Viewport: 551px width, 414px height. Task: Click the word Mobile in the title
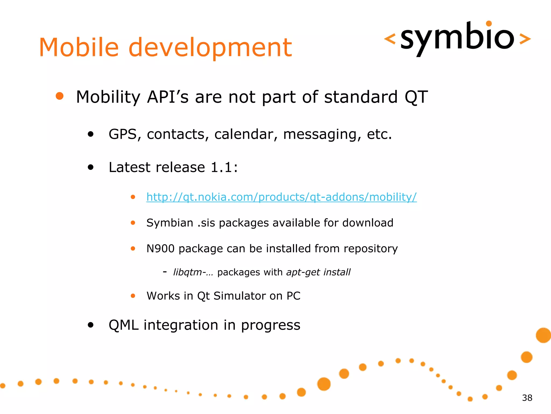point(79,47)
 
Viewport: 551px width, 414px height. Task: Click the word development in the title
point(210,48)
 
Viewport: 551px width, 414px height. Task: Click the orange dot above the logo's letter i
point(489,23)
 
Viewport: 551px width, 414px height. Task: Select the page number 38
point(527,398)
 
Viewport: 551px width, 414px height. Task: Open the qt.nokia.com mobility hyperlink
point(281,197)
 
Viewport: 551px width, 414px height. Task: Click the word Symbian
point(170,223)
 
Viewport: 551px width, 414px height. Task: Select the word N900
point(160,249)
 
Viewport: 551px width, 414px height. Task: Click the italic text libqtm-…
point(193,272)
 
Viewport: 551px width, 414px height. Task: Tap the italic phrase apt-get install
point(318,272)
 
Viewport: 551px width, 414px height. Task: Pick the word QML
point(124,325)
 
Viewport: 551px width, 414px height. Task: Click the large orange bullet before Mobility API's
point(59,96)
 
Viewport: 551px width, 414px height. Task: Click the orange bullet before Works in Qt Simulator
point(133,296)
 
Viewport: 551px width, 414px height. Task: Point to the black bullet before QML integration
point(91,325)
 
